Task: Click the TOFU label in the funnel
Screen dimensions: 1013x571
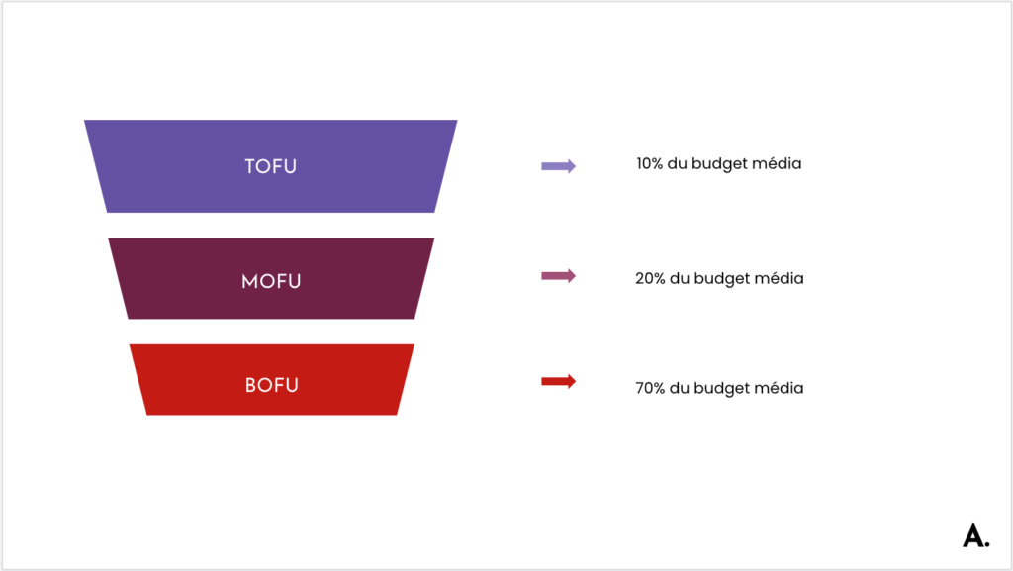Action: pyautogui.click(x=271, y=166)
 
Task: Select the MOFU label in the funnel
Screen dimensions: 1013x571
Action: pyautogui.click(x=271, y=282)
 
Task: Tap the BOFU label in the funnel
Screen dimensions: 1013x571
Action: pyautogui.click(x=272, y=386)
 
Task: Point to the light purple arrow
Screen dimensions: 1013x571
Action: pyautogui.click(x=558, y=166)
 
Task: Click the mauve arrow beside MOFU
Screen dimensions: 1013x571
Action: pyautogui.click(x=558, y=276)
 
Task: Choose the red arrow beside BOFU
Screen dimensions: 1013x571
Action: pyautogui.click(x=558, y=381)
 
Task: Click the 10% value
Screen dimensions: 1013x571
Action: pyautogui.click(x=649, y=164)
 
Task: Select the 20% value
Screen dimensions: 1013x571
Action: pyautogui.click(x=650, y=278)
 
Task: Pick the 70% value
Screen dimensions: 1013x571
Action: pyautogui.click(x=650, y=388)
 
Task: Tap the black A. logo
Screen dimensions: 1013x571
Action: pyautogui.click(x=975, y=535)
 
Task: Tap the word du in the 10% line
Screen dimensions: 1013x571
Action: pyautogui.click(x=677, y=164)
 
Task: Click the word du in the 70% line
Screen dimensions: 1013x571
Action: pyautogui.click(x=679, y=388)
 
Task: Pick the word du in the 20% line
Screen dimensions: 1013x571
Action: pyautogui.click(x=679, y=278)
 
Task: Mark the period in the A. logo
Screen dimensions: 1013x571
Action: pyautogui.click(x=987, y=544)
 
